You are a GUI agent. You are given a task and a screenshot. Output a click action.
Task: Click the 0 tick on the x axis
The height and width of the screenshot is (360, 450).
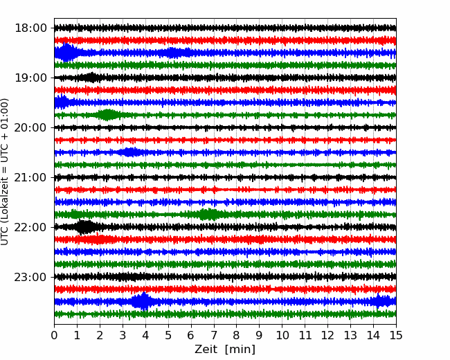54,336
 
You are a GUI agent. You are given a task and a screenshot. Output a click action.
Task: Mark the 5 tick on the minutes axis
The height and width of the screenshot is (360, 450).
168,336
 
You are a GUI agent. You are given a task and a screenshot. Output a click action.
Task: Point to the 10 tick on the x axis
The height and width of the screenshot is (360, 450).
282,336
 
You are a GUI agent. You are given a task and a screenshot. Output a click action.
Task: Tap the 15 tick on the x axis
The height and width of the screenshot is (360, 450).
395,336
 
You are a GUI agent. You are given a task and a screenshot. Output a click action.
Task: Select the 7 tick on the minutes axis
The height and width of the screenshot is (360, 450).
213,336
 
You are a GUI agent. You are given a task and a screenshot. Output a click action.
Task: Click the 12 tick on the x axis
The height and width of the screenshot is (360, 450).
327,336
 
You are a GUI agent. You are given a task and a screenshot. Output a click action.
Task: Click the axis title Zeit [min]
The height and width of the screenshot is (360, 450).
224,350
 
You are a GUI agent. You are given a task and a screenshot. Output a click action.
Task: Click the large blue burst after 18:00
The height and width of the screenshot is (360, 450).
66,53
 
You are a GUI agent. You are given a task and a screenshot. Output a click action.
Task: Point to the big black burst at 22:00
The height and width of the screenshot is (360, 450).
84,227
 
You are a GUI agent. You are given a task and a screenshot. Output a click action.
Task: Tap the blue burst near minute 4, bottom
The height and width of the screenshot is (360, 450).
143,301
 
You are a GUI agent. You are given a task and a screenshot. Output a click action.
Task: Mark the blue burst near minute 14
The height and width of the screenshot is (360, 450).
379,301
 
